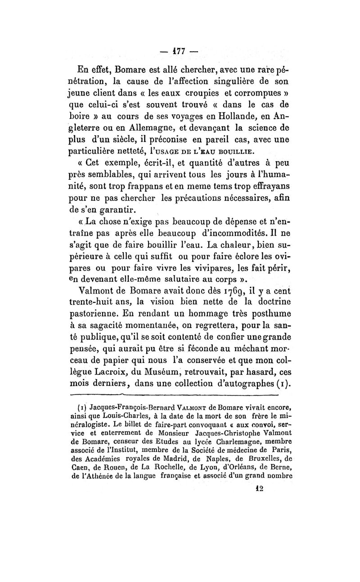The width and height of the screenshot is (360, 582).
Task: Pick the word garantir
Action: pos(119,209)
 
